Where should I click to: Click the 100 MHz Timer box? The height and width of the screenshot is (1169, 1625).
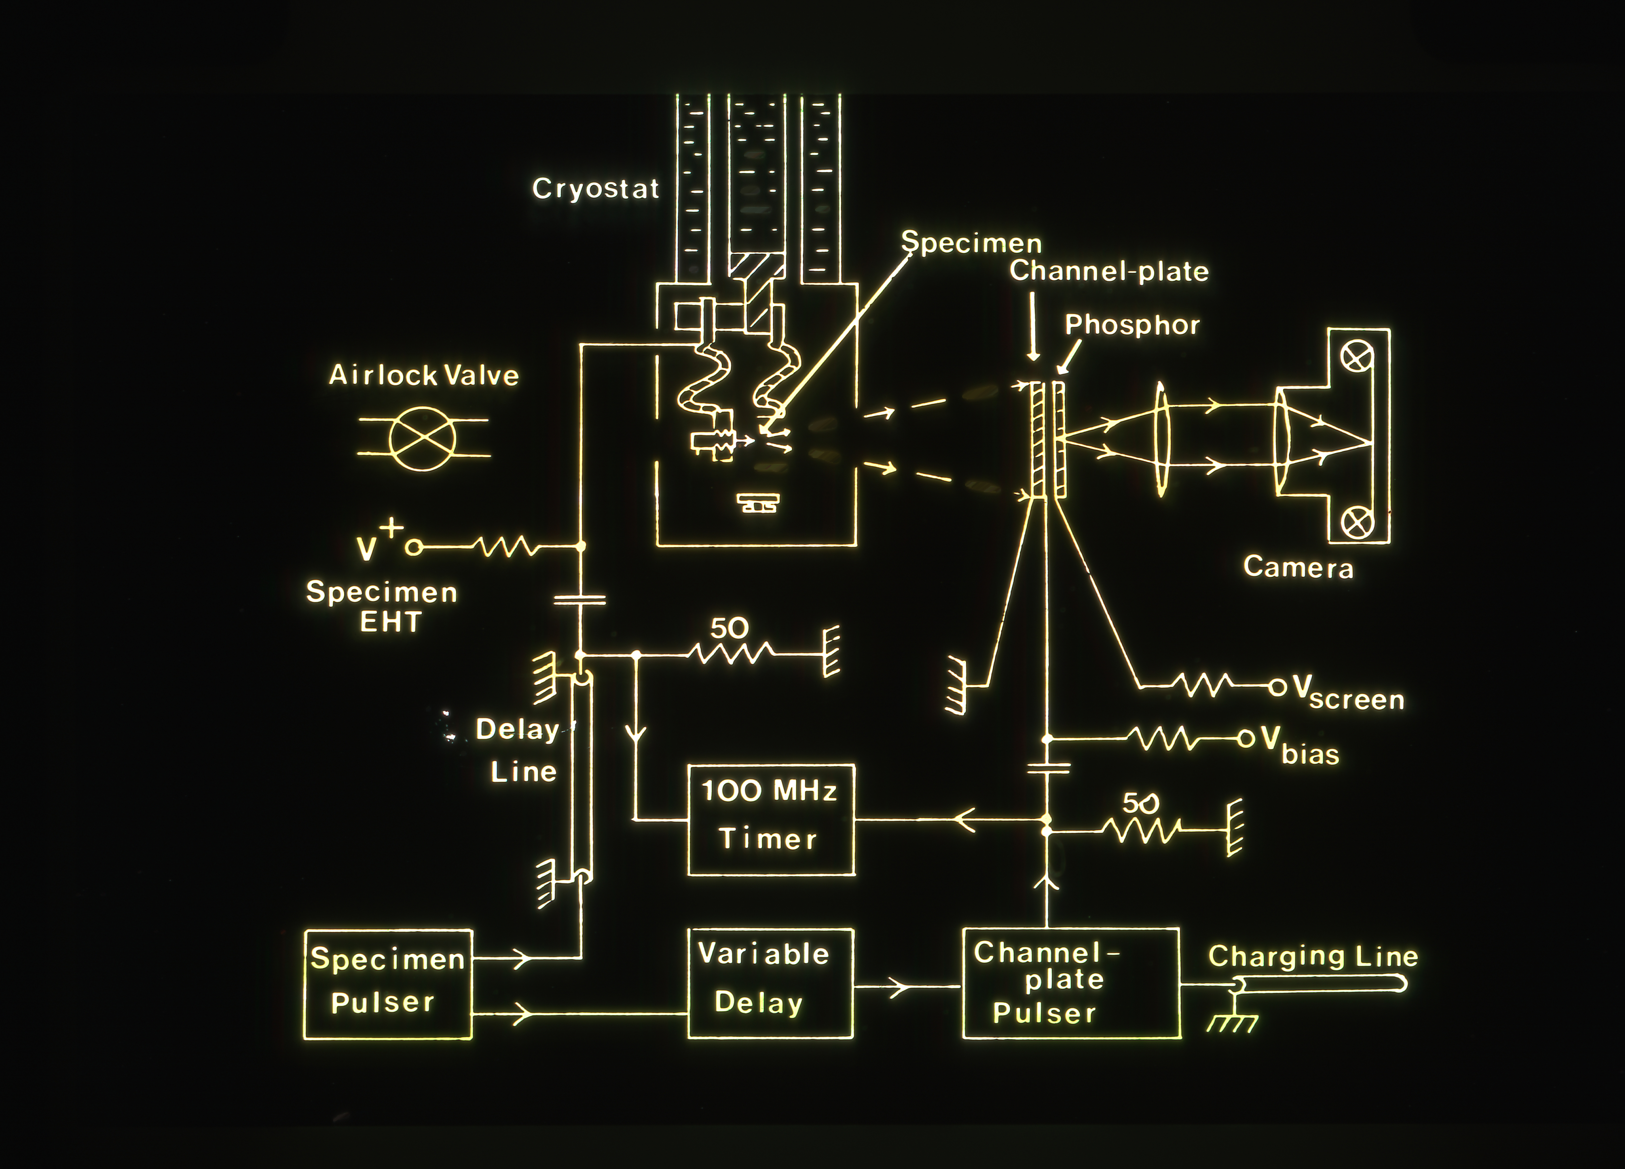point(771,819)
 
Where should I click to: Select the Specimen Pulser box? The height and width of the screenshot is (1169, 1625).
point(388,984)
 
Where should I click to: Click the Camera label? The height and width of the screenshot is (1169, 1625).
point(1298,567)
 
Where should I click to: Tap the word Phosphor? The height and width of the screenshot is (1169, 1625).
point(1132,325)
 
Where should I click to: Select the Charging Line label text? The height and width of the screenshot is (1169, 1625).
point(1313,956)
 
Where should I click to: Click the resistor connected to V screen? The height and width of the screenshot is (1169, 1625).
point(1204,686)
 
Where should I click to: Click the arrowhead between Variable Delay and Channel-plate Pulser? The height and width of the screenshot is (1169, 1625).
point(899,987)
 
